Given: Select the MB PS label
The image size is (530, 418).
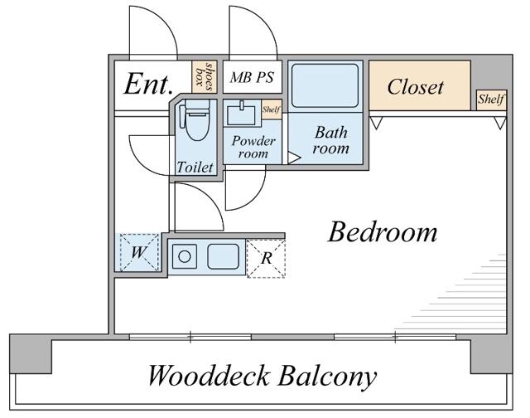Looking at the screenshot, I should click(252, 77).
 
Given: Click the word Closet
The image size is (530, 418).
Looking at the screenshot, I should click(416, 86).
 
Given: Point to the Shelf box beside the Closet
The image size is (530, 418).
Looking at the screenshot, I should click(491, 100).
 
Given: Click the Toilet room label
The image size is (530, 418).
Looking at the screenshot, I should click(195, 167).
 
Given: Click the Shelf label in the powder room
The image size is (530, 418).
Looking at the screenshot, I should click(271, 109).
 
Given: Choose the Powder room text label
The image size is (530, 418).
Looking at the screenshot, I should click(253, 147).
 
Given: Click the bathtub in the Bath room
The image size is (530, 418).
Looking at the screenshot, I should click(325, 85).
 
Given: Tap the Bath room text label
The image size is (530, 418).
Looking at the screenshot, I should click(330, 140).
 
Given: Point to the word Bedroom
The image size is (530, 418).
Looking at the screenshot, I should click(382, 232).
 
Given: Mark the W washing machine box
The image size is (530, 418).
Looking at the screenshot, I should click(137, 252).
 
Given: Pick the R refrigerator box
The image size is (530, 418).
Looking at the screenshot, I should click(266, 258).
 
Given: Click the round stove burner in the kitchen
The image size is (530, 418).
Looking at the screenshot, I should click(185, 256).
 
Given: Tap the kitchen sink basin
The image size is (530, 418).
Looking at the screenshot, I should click(223, 256).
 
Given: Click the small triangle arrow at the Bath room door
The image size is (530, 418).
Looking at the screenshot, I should click(293, 157).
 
